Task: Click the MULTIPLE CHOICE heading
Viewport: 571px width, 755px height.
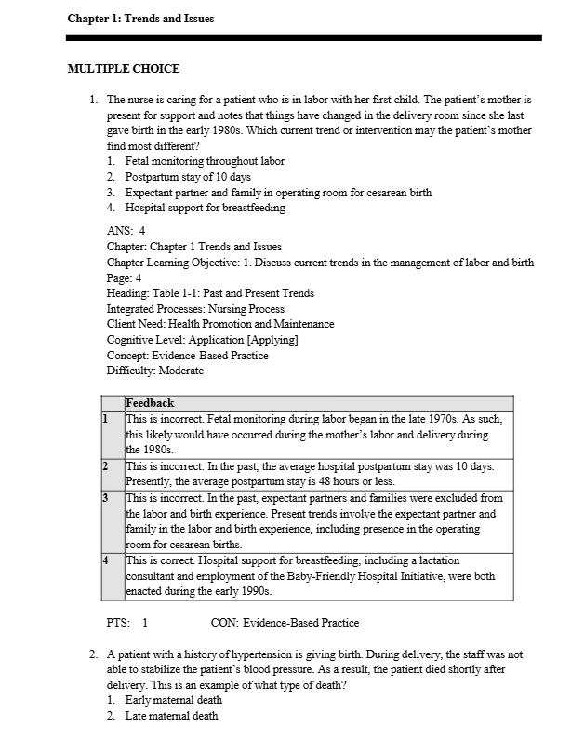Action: [x=124, y=69]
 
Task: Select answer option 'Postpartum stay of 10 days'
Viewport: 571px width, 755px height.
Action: [x=188, y=177]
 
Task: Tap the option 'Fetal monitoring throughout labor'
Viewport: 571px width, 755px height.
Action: [x=205, y=161]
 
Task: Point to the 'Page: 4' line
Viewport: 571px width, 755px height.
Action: [x=125, y=277]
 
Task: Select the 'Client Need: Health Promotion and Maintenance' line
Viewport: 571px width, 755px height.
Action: [x=220, y=324]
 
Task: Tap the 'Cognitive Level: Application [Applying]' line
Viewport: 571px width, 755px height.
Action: [x=203, y=340]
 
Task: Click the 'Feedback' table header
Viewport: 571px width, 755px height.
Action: [x=150, y=404]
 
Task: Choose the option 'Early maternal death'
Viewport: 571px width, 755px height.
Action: [x=174, y=700]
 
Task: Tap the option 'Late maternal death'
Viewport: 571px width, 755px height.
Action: [x=172, y=716]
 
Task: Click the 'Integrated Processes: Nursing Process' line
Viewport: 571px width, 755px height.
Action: [x=195, y=308]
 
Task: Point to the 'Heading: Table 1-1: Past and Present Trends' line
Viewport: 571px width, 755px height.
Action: [x=210, y=293]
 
